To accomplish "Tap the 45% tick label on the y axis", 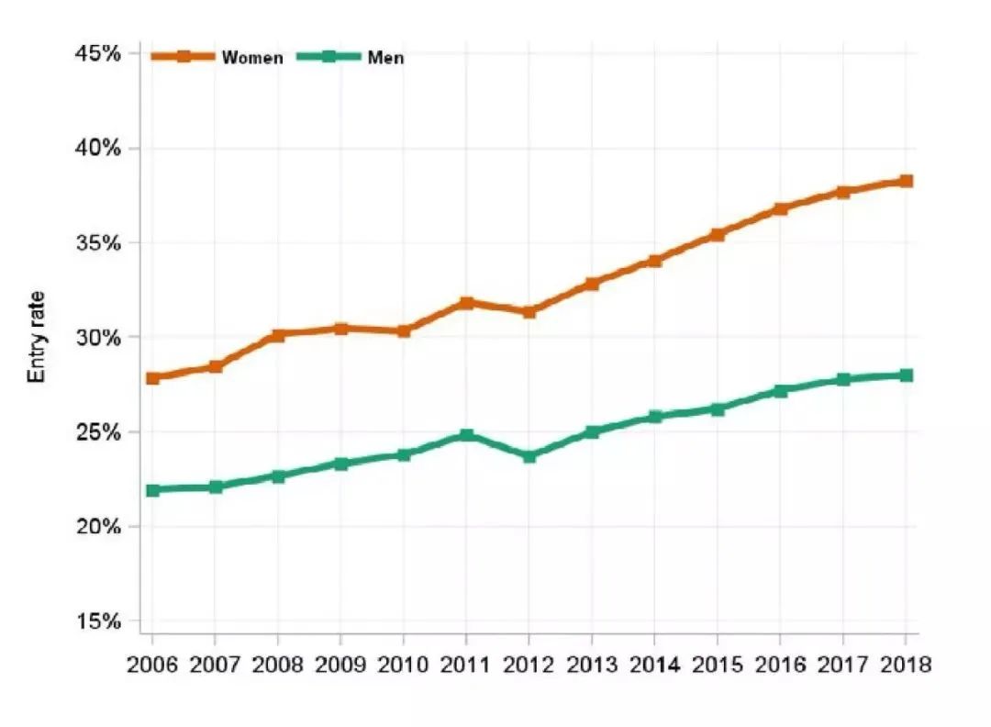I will [97, 53].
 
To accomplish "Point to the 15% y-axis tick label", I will [97, 621].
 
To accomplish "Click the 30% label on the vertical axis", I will [97, 337].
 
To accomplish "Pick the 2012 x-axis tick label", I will [529, 664].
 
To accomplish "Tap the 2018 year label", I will [906, 664].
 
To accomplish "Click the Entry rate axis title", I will [37, 337].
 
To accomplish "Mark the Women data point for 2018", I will [906, 181].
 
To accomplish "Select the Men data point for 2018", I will [906, 375].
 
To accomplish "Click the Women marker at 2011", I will [466, 302].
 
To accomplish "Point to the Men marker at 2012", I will [529, 455].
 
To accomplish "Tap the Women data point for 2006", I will [152, 377].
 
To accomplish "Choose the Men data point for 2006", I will [152, 489].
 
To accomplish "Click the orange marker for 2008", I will [277, 335].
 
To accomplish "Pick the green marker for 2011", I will [466, 434].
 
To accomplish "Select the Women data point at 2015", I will [718, 234].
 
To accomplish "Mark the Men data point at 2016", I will [780, 390].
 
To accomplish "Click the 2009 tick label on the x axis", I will [340, 664].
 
